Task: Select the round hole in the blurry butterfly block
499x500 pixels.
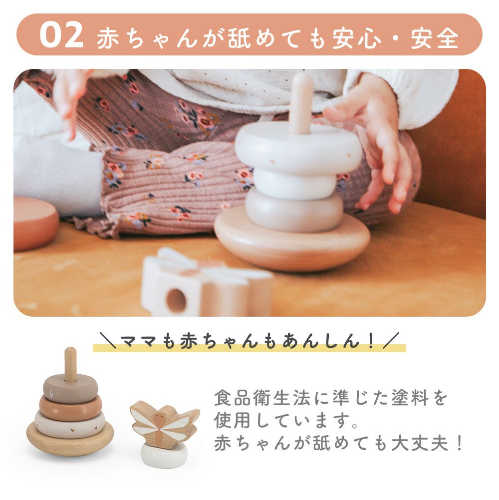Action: [176, 301]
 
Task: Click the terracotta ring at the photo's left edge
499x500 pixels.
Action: [35, 223]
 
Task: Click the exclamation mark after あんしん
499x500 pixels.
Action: [370, 341]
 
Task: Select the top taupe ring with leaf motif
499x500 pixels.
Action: [70, 389]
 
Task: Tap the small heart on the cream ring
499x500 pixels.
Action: [72, 430]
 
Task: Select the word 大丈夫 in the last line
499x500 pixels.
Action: [420, 443]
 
